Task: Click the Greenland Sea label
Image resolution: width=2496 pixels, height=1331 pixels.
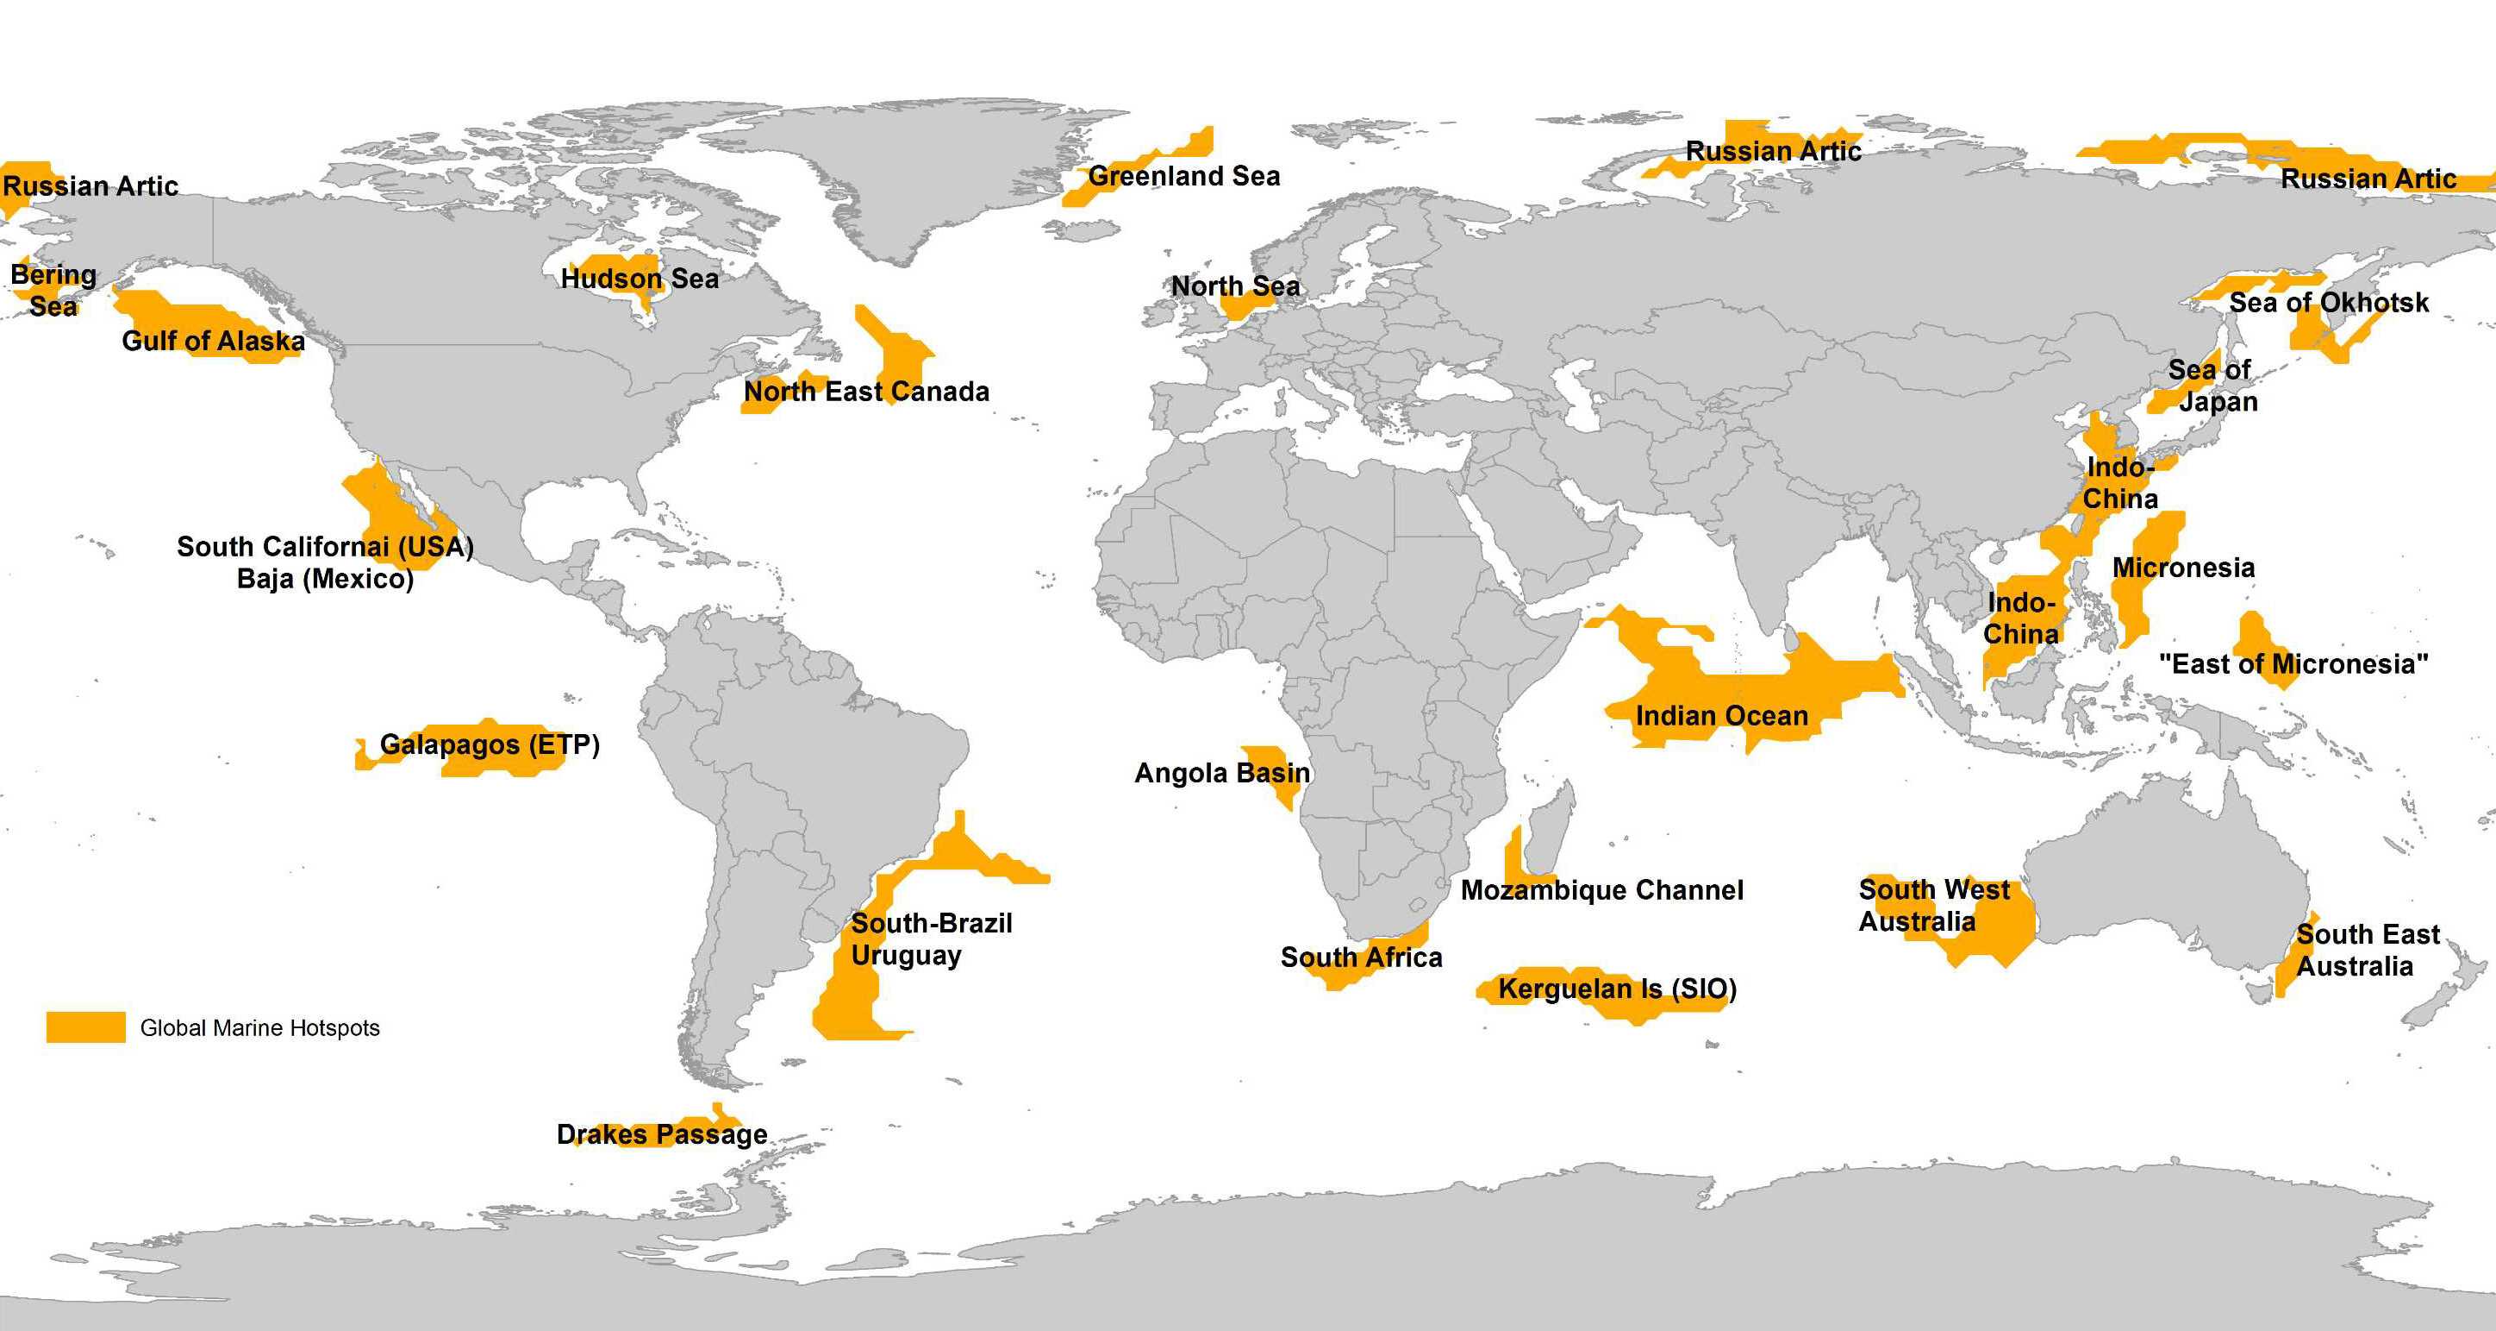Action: pos(1184,177)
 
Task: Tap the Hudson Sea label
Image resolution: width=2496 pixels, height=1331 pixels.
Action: pos(640,279)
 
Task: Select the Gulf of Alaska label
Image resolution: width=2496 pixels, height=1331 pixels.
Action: pos(213,342)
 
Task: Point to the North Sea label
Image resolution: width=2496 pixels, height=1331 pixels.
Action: pos(1235,287)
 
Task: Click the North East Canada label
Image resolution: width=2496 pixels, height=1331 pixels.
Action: pos(866,392)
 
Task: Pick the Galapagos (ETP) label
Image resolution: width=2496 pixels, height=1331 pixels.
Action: pos(490,745)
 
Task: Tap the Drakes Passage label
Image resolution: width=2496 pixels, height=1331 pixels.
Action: pos(662,1134)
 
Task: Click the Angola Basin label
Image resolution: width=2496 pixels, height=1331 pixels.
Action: pos(1222,774)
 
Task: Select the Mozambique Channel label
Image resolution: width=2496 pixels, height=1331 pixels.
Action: pos(1601,891)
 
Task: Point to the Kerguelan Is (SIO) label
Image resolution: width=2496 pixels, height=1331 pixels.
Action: pos(1617,989)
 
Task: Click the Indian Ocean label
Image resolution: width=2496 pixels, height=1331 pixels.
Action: pos(1722,717)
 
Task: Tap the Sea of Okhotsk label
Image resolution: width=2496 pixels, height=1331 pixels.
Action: pos(2329,304)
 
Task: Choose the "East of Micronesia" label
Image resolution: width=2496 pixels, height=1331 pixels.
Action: pos(2293,665)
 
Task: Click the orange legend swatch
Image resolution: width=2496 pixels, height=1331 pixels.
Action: pos(85,1027)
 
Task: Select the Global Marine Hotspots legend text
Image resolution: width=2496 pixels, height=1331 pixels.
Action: pos(259,1028)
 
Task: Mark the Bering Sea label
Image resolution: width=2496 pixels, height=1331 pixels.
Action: pos(53,291)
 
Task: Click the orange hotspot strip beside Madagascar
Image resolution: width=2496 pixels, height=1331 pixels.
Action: pos(1514,861)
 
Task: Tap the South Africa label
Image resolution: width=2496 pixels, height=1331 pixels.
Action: pos(1362,957)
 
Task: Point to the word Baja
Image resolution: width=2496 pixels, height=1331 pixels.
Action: pos(265,580)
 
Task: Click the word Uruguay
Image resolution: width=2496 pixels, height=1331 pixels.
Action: pos(906,956)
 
